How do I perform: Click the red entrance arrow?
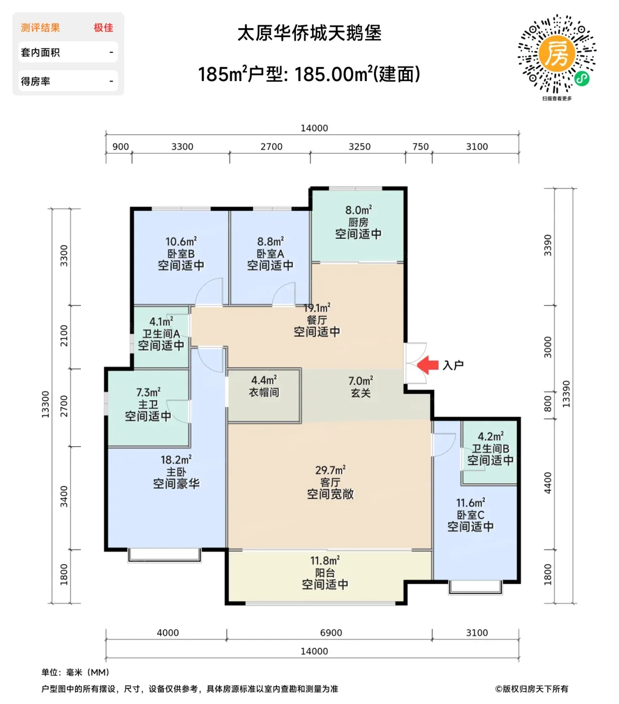tap(428, 365)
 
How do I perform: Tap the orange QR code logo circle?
tap(557, 54)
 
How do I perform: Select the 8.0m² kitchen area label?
tap(358, 210)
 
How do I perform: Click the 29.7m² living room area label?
tap(330, 470)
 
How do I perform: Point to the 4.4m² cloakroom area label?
tap(264, 380)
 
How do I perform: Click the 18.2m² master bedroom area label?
tap(176, 460)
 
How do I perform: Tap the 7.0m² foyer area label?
tap(361, 381)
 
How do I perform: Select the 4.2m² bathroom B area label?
tap(490, 436)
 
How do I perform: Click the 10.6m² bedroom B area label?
tap(181, 241)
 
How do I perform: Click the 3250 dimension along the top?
tap(359, 147)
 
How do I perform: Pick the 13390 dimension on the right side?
tap(566, 394)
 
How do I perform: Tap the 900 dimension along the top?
tap(121, 147)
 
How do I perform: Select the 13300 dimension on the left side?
tap(45, 404)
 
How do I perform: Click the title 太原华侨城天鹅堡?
tap(309, 33)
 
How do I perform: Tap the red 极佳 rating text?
tap(103, 28)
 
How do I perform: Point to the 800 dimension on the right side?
tap(548, 404)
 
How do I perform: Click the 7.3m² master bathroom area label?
tap(148, 392)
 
